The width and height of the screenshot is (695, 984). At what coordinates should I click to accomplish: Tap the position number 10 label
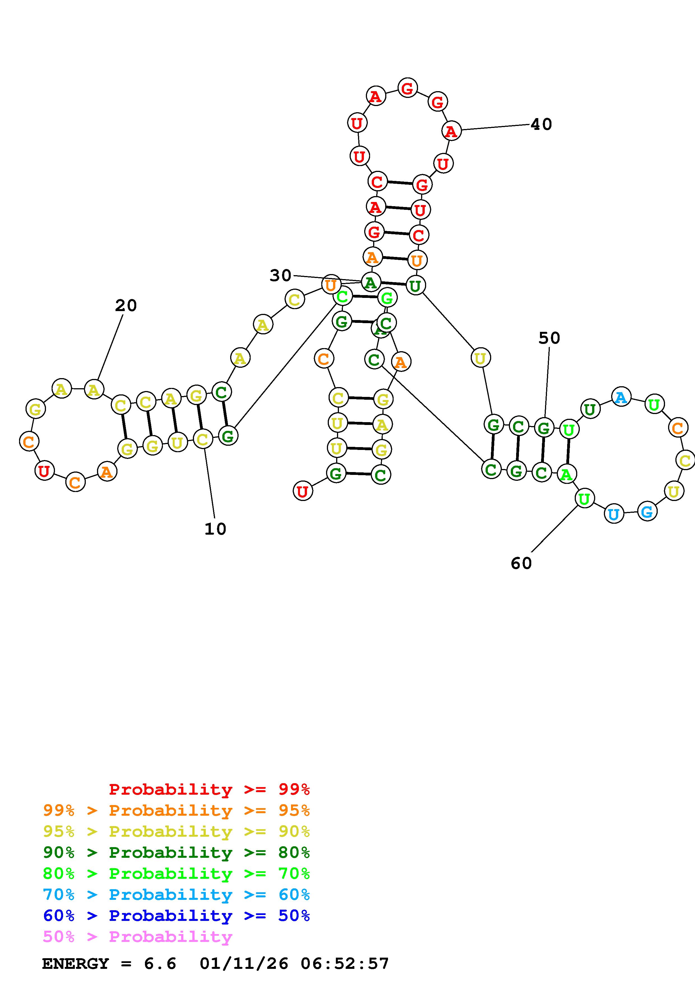pyautogui.click(x=215, y=529)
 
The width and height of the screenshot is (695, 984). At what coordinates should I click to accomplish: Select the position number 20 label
pyautogui.click(x=126, y=305)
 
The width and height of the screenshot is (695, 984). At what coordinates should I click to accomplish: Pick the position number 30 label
pyautogui.click(x=280, y=275)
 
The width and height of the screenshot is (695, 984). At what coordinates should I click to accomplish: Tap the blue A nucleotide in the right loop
pyautogui.click(x=621, y=397)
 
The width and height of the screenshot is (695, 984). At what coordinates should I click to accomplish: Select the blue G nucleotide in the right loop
pyautogui.click(x=646, y=511)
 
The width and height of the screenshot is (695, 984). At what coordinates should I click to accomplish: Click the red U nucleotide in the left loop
pyautogui.click(x=44, y=471)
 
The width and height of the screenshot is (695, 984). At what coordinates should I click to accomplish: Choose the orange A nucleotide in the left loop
pyautogui.click(x=107, y=472)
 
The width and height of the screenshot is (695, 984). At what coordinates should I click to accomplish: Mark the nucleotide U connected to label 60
pyautogui.click(x=584, y=498)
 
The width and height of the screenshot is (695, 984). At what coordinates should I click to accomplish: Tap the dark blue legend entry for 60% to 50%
pyautogui.click(x=176, y=916)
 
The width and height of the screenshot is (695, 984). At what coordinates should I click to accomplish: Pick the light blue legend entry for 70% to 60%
pyautogui.click(x=176, y=895)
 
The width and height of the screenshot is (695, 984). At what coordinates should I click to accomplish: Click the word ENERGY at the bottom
pyautogui.click(x=76, y=964)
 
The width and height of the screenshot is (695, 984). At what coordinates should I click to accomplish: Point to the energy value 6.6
pyautogui.click(x=160, y=964)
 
